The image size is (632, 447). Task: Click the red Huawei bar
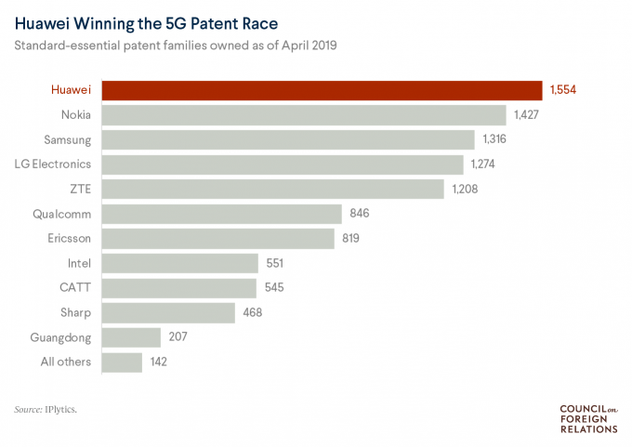tap(322, 90)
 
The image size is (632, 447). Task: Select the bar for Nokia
tap(303, 115)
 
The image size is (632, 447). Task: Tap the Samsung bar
tap(288, 139)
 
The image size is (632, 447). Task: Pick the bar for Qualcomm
tap(221, 214)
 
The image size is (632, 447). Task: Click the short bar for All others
tap(122, 362)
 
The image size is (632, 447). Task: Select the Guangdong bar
tap(131, 336)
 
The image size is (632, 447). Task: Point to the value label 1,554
tap(563, 90)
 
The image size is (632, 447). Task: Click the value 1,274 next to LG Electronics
tap(485, 164)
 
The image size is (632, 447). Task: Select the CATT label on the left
tap(75, 287)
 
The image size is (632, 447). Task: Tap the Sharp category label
tap(75, 312)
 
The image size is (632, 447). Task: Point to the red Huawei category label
tap(70, 90)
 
